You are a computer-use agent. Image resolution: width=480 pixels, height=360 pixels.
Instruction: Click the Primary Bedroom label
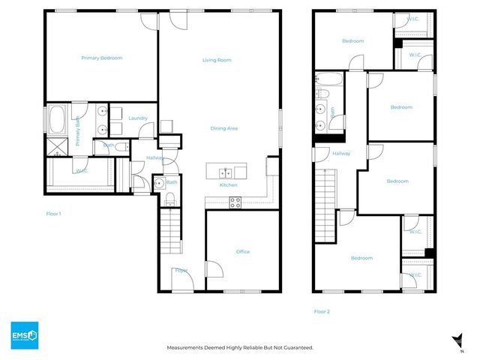point(101,58)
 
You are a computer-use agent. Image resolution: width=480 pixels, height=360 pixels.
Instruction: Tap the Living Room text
point(216,60)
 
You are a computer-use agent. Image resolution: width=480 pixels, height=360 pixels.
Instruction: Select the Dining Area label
point(223,128)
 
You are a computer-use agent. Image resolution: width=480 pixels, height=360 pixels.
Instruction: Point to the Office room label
point(242,251)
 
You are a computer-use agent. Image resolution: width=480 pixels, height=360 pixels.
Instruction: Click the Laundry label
point(137,118)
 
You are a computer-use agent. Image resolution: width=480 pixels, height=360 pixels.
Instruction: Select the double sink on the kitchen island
point(224,169)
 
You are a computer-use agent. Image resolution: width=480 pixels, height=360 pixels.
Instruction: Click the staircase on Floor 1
point(171,232)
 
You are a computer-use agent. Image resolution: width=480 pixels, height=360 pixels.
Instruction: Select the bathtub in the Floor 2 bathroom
point(329,79)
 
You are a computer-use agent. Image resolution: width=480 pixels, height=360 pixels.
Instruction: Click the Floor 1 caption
point(53,214)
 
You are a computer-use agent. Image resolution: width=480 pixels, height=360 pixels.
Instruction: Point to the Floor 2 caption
point(322,310)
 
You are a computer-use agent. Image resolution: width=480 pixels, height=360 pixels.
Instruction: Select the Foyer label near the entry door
point(180,269)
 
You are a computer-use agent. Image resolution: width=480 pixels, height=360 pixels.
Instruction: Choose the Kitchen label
point(228,184)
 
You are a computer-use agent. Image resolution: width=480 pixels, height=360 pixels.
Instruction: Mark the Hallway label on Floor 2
point(341,153)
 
